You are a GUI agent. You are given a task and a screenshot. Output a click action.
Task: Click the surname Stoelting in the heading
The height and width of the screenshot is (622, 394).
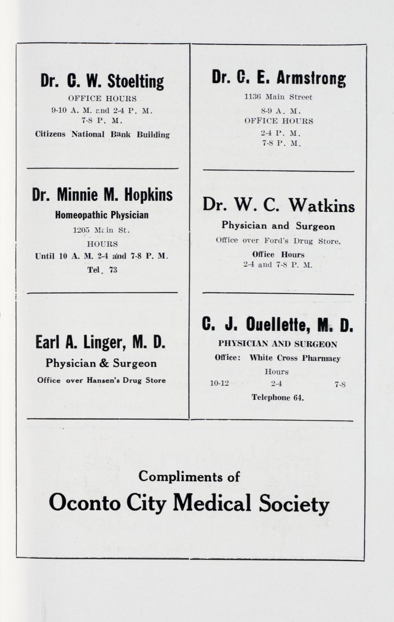(135, 82)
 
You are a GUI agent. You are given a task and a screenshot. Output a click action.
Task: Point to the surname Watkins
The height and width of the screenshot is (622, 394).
(322, 206)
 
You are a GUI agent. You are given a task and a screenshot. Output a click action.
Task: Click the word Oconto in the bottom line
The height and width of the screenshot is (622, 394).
(81, 502)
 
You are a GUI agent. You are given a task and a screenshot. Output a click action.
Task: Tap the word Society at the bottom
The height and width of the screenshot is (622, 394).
(294, 503)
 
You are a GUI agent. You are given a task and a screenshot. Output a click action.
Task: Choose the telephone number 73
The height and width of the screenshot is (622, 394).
(112, 270)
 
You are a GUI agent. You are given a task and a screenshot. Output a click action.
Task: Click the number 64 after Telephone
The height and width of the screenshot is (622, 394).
(298, 398)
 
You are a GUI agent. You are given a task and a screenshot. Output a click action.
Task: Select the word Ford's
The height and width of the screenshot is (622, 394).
(275, 241)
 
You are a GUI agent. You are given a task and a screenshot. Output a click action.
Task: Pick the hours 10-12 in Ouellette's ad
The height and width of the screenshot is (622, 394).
(219, 384)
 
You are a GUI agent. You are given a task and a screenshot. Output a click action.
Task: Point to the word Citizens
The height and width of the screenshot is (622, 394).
(50, 134)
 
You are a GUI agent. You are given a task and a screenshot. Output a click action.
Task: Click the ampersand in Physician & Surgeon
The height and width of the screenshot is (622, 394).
(104, 363)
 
